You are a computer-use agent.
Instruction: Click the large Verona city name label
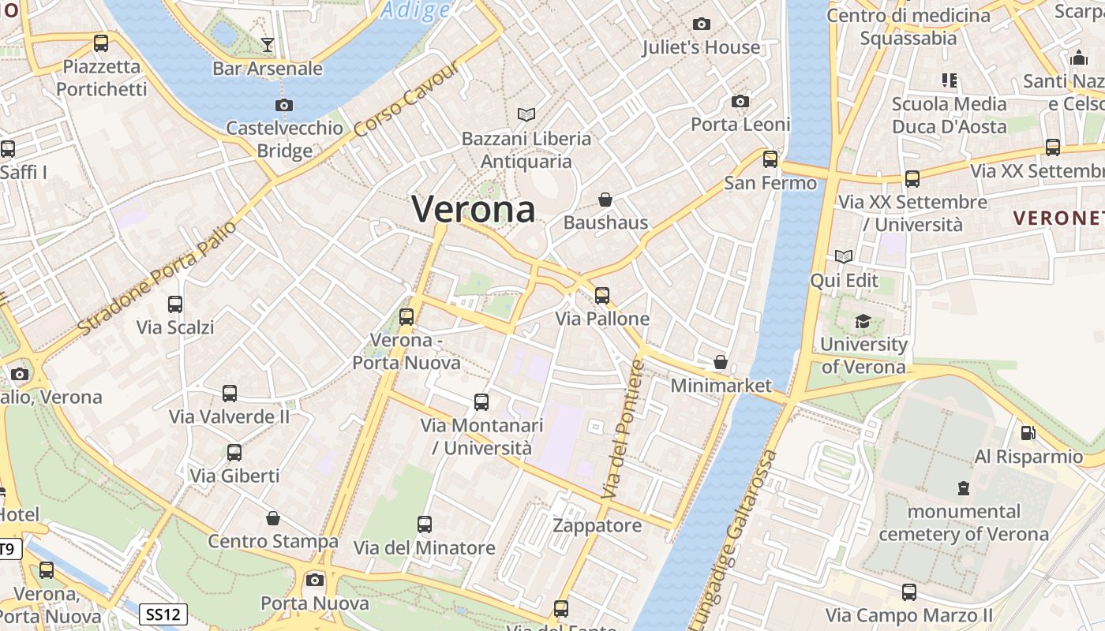tap(474, 210)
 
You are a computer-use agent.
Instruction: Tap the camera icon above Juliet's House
tap(701, 24)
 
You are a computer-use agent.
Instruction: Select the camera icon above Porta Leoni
tap(740, 101)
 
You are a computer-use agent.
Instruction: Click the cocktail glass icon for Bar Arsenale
tap(268, 45)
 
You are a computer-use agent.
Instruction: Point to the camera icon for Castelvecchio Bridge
tap(283, 105)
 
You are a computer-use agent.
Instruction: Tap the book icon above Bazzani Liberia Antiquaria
tap(526, 115)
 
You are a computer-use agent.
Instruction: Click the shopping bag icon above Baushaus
tap(605, 200)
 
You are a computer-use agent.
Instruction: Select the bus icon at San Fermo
tap(770, 159)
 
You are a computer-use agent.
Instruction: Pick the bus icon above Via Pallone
tap(602, 296)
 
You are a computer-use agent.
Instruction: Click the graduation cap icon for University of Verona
tap(863, 321)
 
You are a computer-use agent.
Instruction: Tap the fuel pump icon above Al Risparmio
tap(1028, 432)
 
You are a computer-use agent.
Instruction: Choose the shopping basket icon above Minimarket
tap(720, 362)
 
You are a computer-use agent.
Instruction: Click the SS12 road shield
tap(165, 614)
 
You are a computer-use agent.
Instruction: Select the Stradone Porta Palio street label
tap(158, 276)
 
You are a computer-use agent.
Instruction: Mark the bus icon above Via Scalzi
tap(175, 304)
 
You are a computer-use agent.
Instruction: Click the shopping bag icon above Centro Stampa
tap(272, 518)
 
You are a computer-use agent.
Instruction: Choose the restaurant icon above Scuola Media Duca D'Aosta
tap(949, 80)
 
